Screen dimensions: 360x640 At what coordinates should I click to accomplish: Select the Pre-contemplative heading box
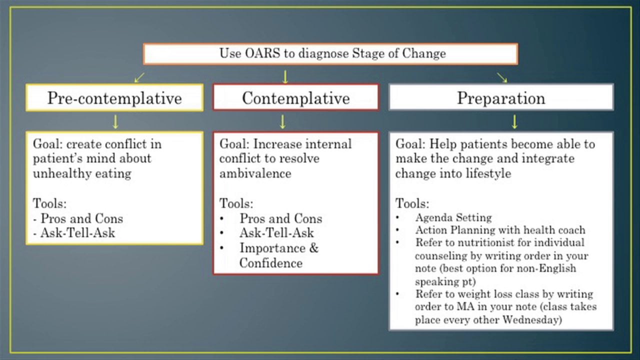click(x=114, y=97)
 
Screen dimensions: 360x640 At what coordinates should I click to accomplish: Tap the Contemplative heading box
click(x=295, y=97)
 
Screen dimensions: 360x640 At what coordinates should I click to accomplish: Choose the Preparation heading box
click(x=501, y=97)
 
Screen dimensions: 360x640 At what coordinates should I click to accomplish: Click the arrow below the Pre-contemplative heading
click(x=115, y=121)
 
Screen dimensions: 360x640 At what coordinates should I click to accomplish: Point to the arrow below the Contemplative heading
click(x=282, y=121)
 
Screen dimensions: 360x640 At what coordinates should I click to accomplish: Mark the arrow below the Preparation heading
click(x=514, y=121)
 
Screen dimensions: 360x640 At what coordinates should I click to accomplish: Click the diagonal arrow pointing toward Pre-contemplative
click(x=139, y=77)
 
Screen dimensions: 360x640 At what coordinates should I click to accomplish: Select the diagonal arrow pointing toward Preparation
click(x=502, y=77)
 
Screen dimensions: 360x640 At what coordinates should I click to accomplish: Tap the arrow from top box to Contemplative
click(x=285, y=76)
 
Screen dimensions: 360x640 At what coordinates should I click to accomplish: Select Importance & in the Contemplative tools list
click(x=278, y=248)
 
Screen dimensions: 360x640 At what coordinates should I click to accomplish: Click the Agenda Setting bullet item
click(x=453, y=217)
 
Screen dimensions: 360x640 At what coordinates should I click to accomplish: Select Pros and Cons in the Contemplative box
click(x=280, y=218)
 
